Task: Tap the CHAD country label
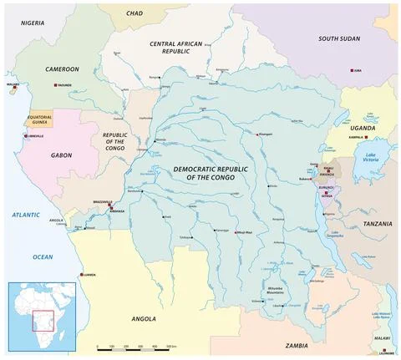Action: click(135, 13)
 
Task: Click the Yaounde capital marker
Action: click(56, 86)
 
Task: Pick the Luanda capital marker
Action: click(81, 274)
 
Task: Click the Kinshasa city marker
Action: click(110, 206)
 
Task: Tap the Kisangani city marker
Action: click(257, 134)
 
